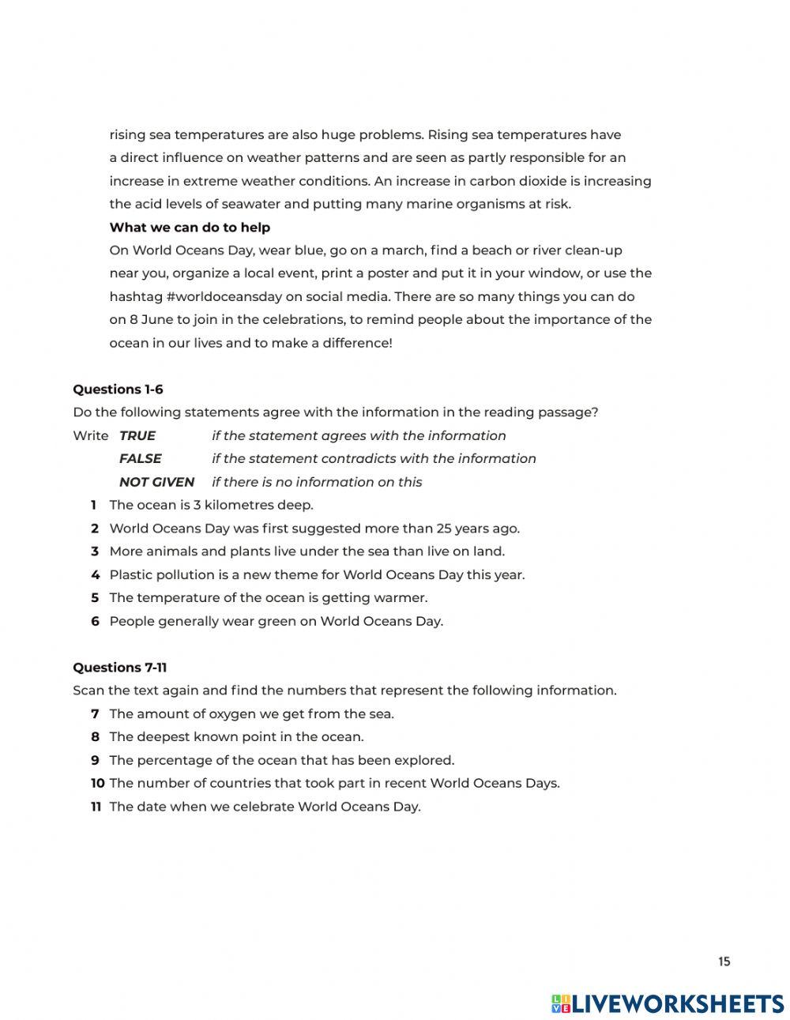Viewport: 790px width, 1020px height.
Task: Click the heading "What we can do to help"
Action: click(190, 228)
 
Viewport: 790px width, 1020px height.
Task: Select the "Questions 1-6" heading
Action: click(118, 390)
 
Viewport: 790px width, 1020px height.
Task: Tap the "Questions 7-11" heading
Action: click(119, 668)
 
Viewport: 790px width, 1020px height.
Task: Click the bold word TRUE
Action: click(137, 436)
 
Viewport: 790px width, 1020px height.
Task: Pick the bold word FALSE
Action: click(140, 459)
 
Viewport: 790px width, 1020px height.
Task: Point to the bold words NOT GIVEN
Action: click(156, 482)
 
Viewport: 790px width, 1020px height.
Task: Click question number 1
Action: click(93, 506)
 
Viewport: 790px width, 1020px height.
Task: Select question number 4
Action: click(95, 575)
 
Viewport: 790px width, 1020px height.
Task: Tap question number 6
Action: click(95, 622)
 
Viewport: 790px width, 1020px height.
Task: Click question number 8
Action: click(95, 737)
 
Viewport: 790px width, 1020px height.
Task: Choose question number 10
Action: click(97, 784)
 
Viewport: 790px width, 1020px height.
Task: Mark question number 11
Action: click(96, 807)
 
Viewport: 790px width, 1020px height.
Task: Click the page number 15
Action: click(724, 962)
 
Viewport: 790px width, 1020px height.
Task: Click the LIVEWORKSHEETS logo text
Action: click(676, 1003)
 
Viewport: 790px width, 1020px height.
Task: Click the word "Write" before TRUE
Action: click(90, 436)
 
